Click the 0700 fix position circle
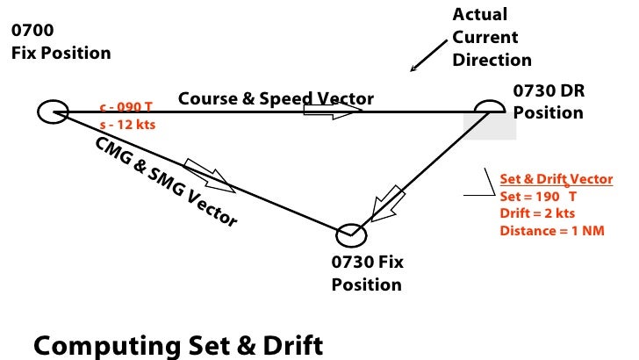[53, 112]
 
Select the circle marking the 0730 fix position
[351, 234]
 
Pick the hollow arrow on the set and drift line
[388, 203]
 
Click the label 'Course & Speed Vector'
[276, 97]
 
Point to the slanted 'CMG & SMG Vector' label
[164, 181]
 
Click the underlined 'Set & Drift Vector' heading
[556, 179]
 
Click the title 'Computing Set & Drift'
[178, 344]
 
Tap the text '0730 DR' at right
[549, 91]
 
